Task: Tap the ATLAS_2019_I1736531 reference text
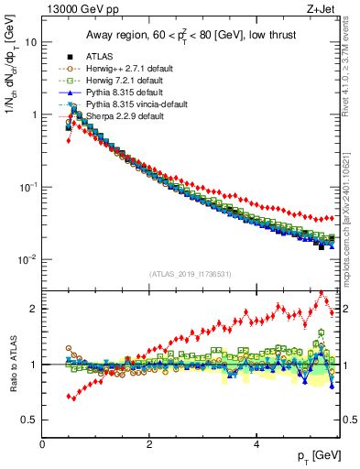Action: [x=190, y=274]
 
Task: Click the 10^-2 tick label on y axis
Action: [x=27, y=259]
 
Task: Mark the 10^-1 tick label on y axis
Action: [x=27, y=187]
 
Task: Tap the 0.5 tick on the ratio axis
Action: [x=29, y=420]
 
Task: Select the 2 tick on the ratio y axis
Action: [x=33, y=309]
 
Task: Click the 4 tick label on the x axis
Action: [x=256, y=442]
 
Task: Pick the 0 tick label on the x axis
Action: [x=43, y=442]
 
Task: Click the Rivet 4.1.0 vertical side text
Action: [x=349, y=78]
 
